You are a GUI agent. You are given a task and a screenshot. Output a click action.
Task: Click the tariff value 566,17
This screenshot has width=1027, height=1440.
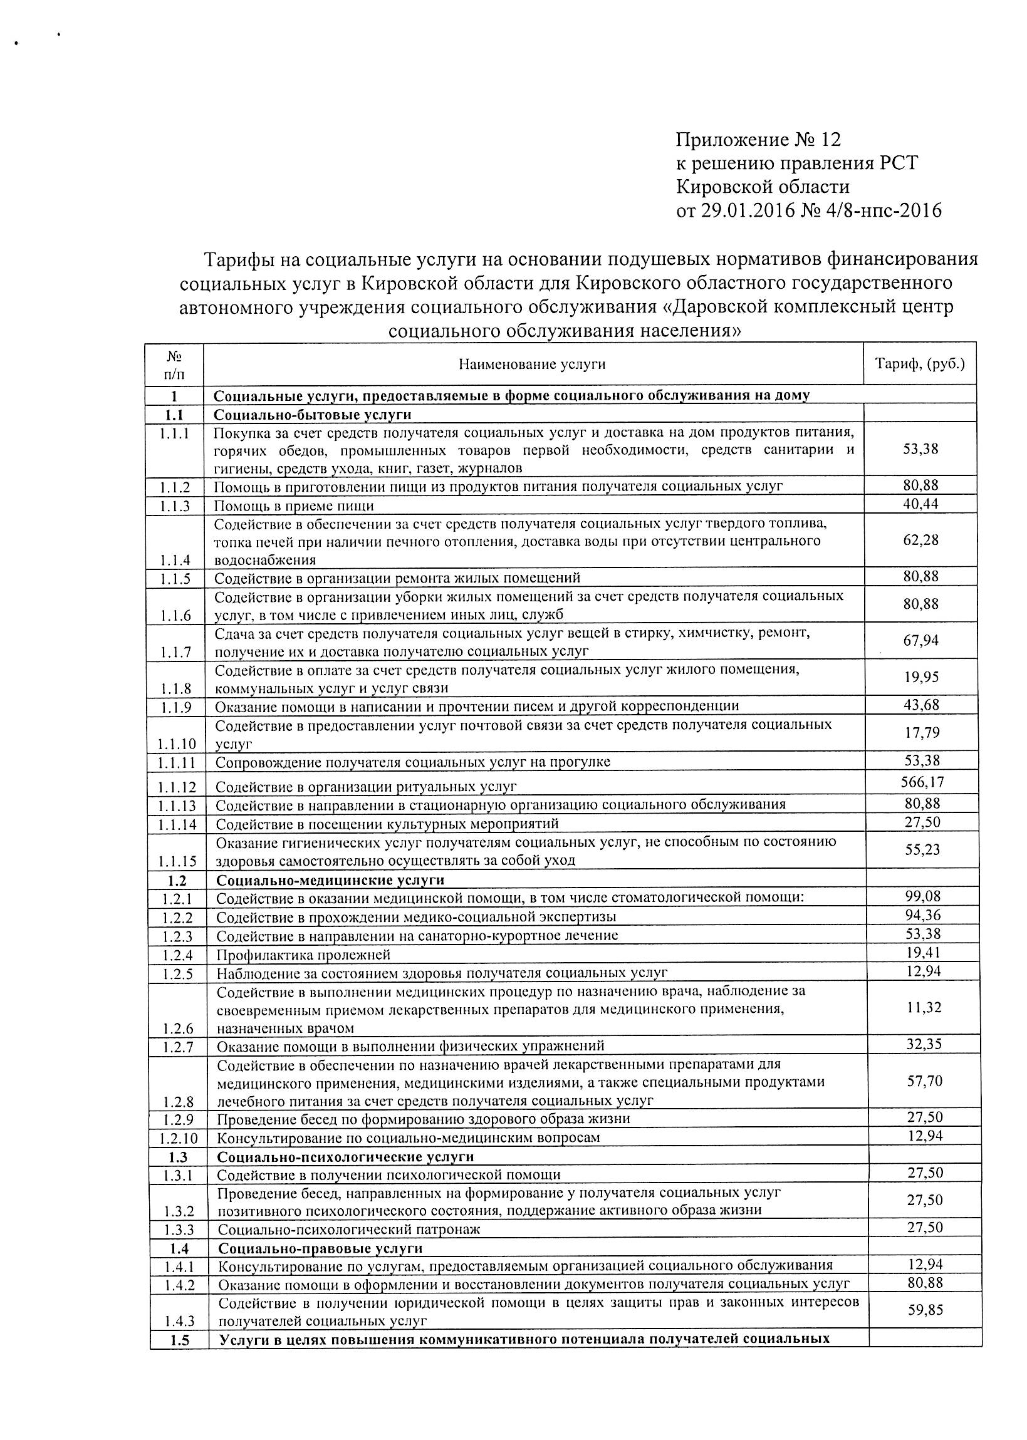coord(922,782)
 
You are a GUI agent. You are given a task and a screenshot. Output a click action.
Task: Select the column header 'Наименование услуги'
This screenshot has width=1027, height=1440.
coord(532,364)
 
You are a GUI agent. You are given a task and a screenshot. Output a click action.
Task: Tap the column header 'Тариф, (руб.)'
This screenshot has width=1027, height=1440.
coord(919,363)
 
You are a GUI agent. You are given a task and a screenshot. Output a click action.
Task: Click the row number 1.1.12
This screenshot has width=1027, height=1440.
coord(177,787)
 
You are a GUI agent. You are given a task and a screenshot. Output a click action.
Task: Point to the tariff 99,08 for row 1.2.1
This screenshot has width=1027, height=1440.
coord(923,896)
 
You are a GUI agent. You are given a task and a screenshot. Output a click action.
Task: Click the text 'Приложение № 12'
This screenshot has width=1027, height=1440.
coord(758,140)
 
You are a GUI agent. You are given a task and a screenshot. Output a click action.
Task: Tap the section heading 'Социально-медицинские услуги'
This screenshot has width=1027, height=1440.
coord(330,880)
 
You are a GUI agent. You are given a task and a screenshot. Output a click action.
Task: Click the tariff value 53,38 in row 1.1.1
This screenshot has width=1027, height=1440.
coord(920,449)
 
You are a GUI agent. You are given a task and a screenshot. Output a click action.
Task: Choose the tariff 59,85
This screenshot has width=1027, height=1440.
coord(925,1310)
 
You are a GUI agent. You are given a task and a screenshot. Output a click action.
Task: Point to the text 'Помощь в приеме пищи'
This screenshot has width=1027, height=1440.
coord(294,505)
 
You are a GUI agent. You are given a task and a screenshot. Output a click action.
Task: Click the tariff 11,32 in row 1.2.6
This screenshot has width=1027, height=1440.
coord(924,1008)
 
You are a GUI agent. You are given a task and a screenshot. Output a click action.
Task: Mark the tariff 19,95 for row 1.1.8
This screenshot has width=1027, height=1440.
coord(921,677)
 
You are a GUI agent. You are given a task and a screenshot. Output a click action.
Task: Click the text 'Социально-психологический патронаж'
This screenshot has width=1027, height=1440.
coord(349,1230)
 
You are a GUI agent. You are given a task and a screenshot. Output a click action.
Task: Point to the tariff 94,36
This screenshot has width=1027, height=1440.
coord(923,914)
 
